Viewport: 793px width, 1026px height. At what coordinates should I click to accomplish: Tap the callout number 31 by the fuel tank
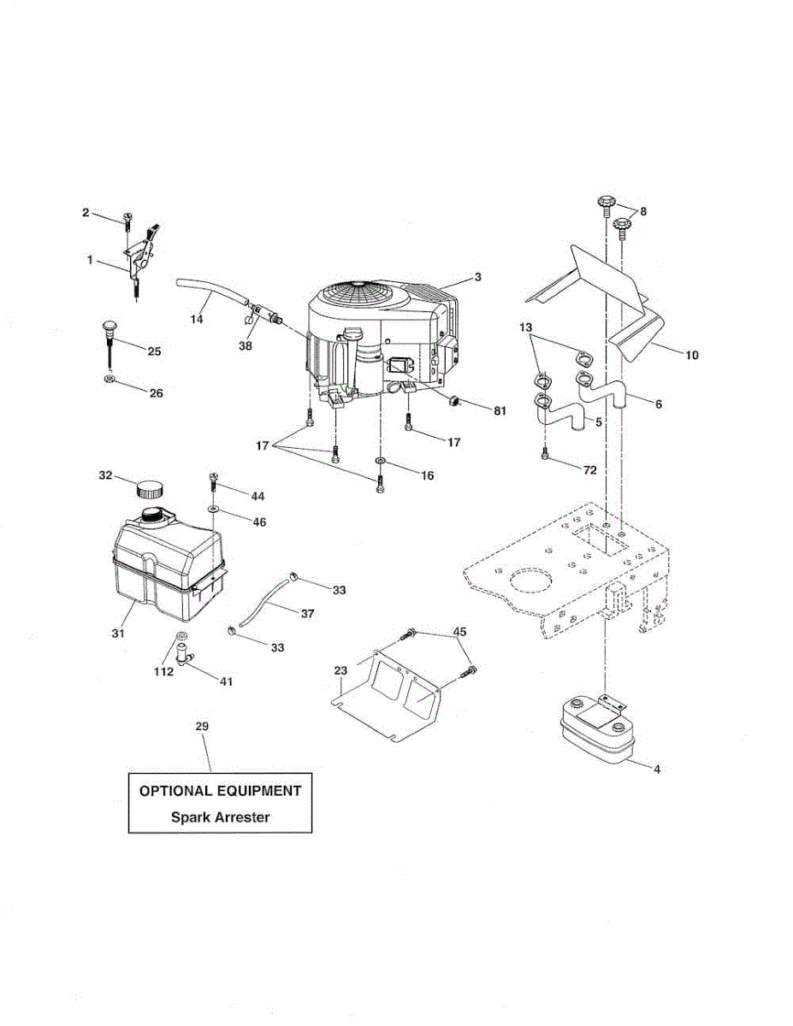point(118,634)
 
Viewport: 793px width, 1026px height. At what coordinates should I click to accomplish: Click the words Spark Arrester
point(220,817)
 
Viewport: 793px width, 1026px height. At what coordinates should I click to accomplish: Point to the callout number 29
point(202,726)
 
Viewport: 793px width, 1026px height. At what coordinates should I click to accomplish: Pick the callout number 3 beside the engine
point(478,277)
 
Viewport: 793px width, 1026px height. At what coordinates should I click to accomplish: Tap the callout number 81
point(499,410)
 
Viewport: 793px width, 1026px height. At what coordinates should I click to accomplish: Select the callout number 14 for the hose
point(197,318)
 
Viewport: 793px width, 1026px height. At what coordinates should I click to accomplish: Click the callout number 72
point(589,470)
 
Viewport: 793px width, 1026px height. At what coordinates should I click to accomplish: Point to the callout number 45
point(460,633)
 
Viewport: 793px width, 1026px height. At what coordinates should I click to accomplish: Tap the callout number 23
point(340,671)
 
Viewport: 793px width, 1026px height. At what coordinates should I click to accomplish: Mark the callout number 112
point(163,671)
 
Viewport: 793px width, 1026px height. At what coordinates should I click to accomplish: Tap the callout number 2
point(86,212)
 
